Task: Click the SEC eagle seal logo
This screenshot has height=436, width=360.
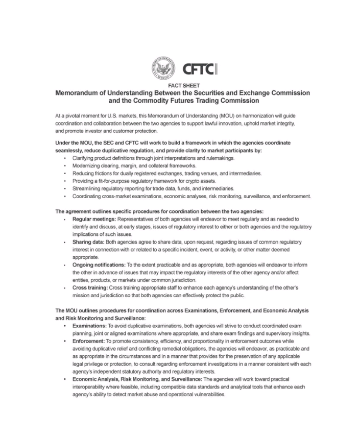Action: [x=162, y=67]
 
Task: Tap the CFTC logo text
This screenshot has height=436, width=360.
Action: [x=190, y=68]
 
